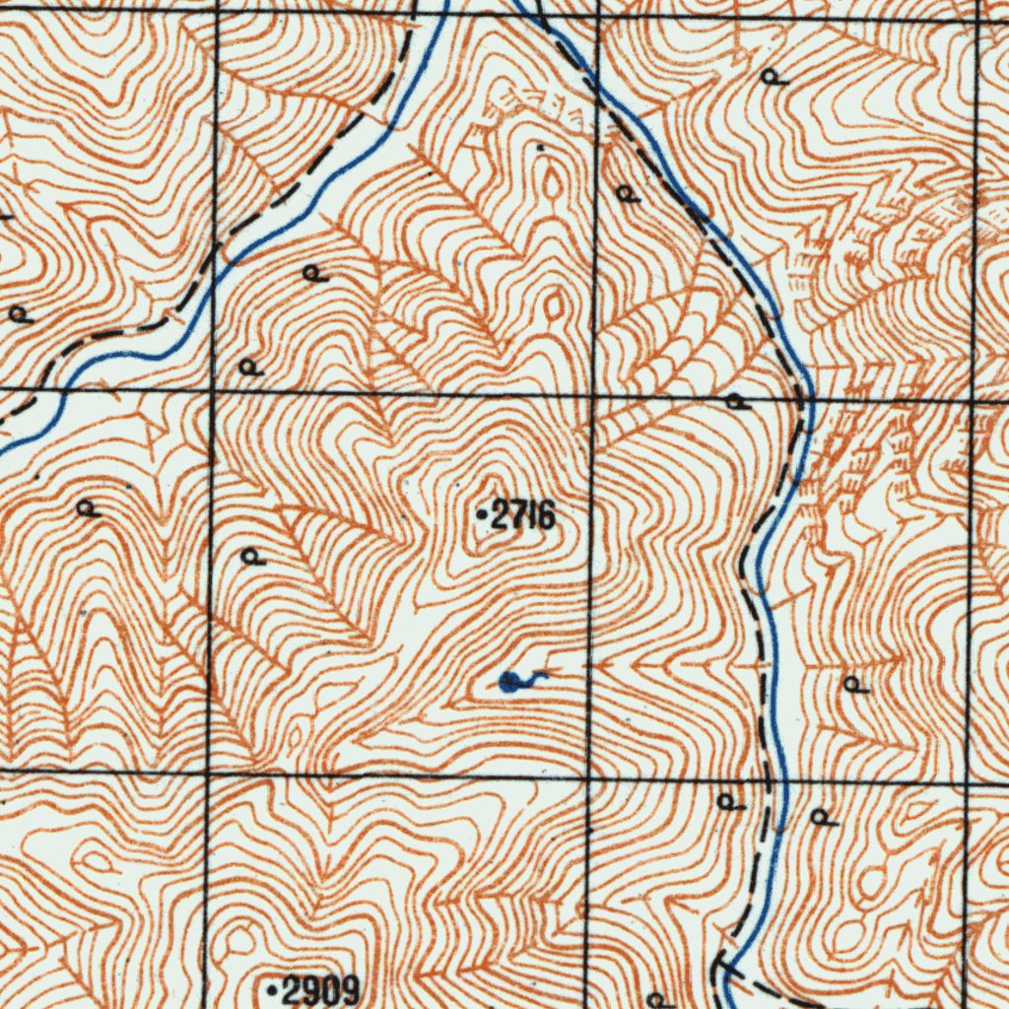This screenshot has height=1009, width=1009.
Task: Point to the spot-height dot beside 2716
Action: click(480, 514)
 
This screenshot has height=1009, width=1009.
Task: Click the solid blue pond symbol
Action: click(509, 681)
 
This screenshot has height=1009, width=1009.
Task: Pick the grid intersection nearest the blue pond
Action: click(588, 776)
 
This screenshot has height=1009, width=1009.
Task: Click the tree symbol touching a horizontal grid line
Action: click(735, 402)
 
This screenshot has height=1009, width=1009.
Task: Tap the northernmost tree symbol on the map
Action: click(774, 77)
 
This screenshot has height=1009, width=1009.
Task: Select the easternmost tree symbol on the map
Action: click(855, 684)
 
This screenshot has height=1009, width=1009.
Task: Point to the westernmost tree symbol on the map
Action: click(19, 315)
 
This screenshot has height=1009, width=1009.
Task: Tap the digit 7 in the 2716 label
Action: click(518, 514)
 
